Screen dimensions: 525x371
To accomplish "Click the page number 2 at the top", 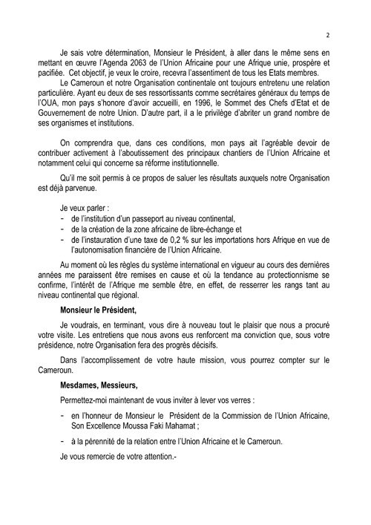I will click(x=327, y=33).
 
